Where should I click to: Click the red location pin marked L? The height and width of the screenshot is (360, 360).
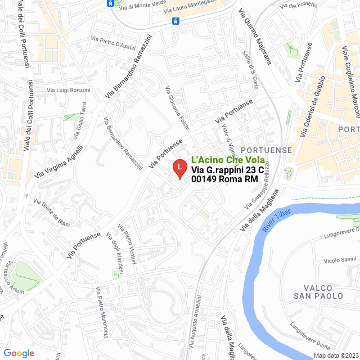[179, 168]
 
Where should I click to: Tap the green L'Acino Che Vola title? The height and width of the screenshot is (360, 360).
[227, 160]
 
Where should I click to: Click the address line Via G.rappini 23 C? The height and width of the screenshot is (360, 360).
[228, 170]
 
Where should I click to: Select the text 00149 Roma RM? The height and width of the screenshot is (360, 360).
[224, 179]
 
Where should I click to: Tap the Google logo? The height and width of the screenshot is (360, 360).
[19, 353]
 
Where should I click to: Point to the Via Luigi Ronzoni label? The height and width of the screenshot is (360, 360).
[69, 90]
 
